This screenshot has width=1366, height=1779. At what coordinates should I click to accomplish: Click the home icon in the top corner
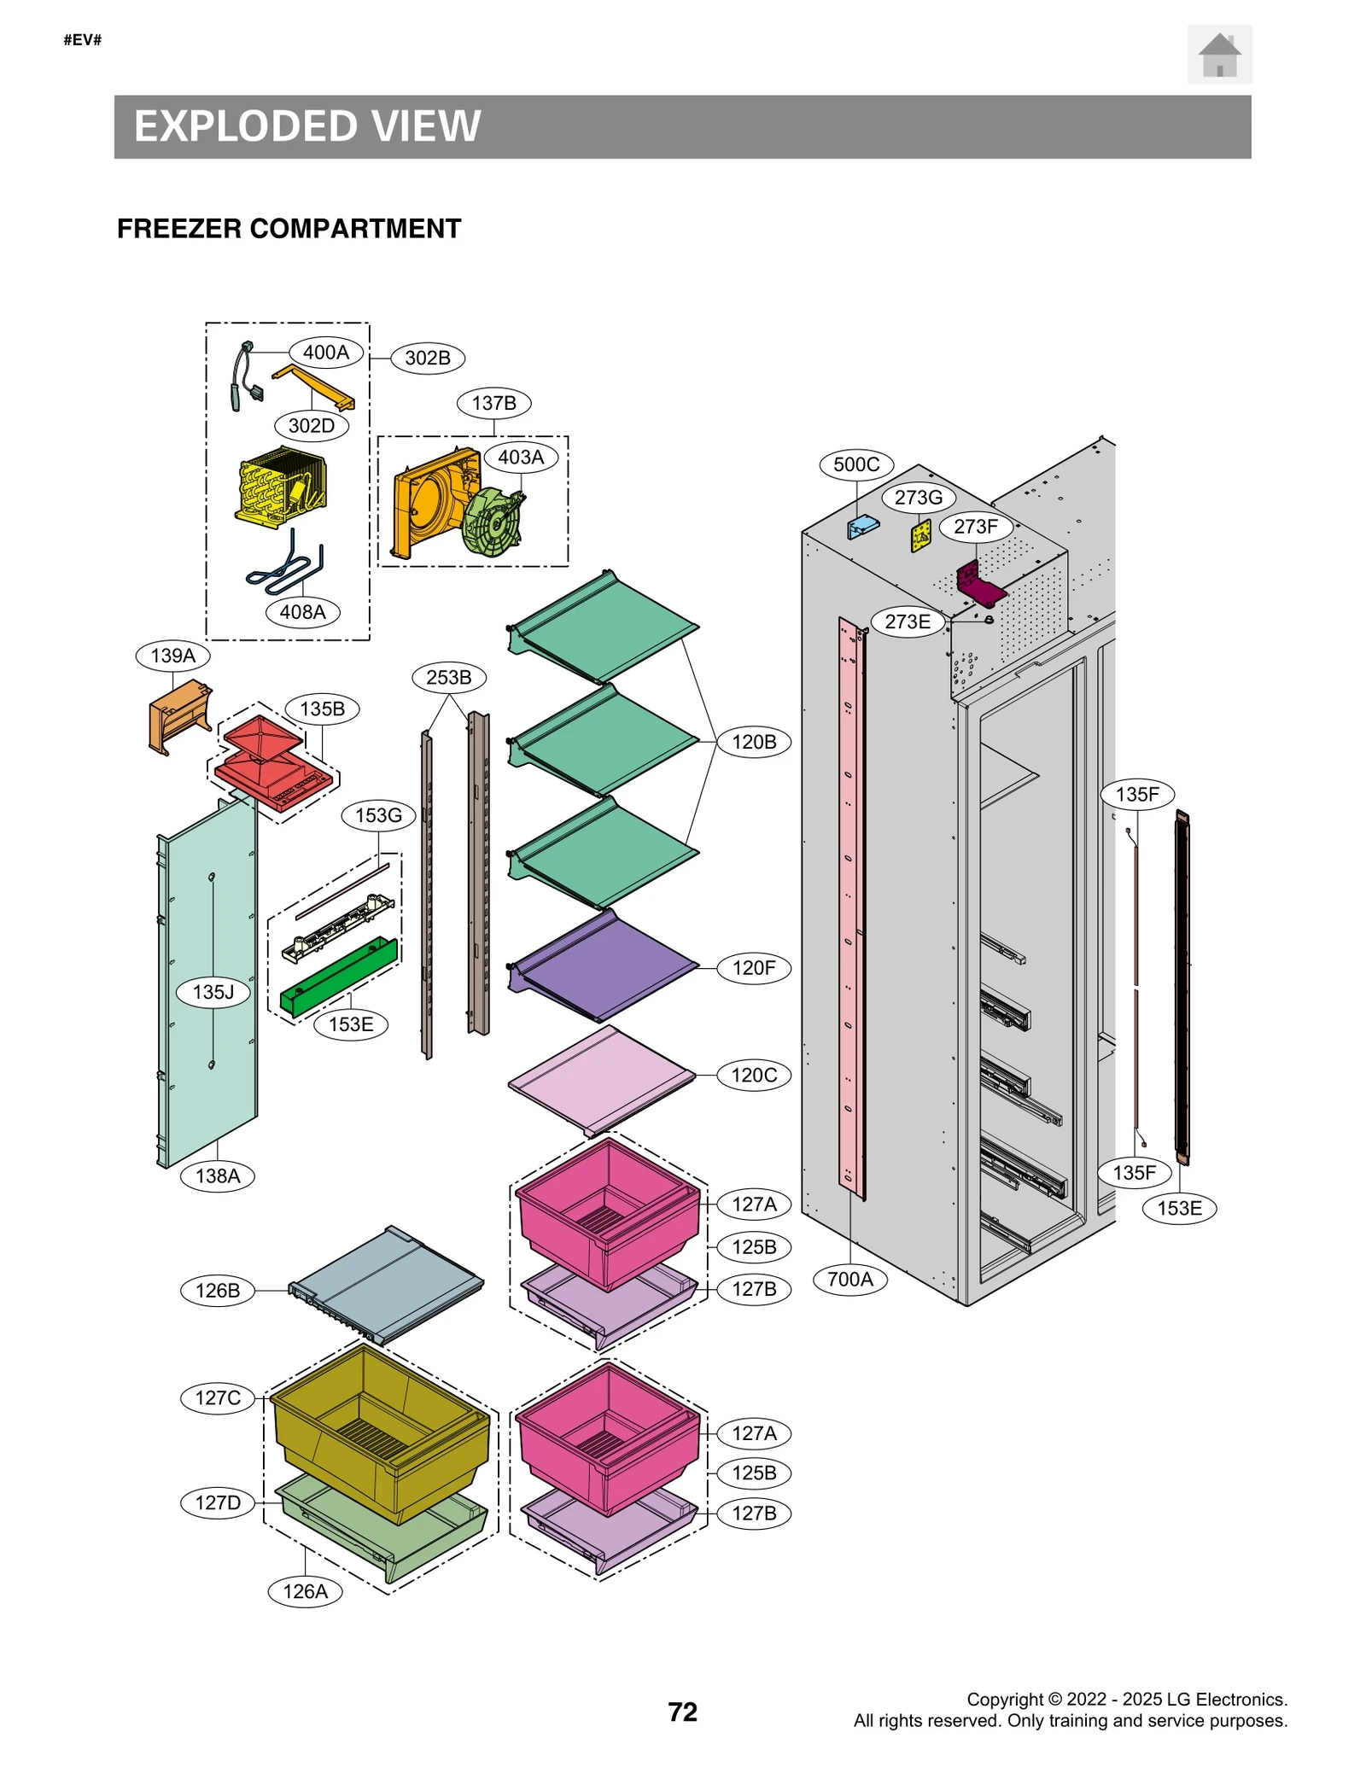[1218, 55]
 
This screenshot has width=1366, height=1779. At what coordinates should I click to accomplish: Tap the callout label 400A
[325, 352]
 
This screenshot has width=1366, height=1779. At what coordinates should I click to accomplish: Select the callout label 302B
[427, 358]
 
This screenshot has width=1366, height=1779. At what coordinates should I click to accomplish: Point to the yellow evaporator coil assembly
[279, 487]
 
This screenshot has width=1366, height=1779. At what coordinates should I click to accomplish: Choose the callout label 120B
[753, 741]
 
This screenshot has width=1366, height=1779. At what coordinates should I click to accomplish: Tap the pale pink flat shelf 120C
[602, 1077]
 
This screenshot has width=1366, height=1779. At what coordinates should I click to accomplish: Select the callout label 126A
[305, 1590]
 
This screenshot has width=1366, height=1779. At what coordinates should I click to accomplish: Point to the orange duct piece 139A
[180, 715]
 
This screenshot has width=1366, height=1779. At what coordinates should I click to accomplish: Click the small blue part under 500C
[862, 526]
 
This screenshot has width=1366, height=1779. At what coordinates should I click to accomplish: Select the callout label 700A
[849, 1279]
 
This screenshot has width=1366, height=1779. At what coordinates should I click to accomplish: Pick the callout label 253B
[448, 677]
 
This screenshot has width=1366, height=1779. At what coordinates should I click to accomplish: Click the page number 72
[681, 1711]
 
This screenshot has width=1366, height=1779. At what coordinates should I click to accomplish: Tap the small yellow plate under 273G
[920, 536]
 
